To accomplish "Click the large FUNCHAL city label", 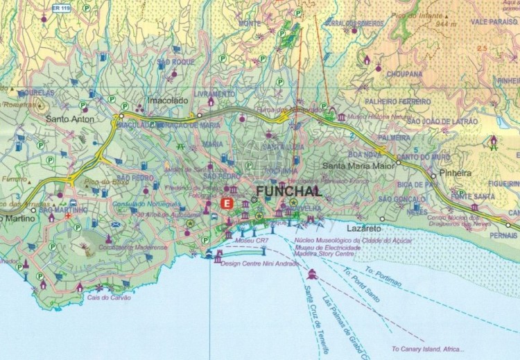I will pyautogui.click(x=288, y=191).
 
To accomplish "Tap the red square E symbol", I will pyautogui.click(x=226, y=204).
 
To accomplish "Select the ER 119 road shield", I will pyautogui.click(x=61, y=8).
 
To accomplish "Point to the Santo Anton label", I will pyautogui.click(x=69, y=119).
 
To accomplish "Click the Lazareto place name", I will pyautogui.click(x=364, y=228).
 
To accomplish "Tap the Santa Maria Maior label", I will pyautogui.click(x=358, y=166).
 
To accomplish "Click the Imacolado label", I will pyautogui.click(x=169, y=101).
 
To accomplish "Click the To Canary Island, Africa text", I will pyautogui.click(x=428, y=349).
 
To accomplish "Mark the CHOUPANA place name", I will pyautogui.click(x=404, y=74).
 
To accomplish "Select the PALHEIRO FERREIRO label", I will pyautogui.click(x=398, y=101).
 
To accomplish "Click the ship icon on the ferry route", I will pyautogui.click(x=313, y=274).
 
